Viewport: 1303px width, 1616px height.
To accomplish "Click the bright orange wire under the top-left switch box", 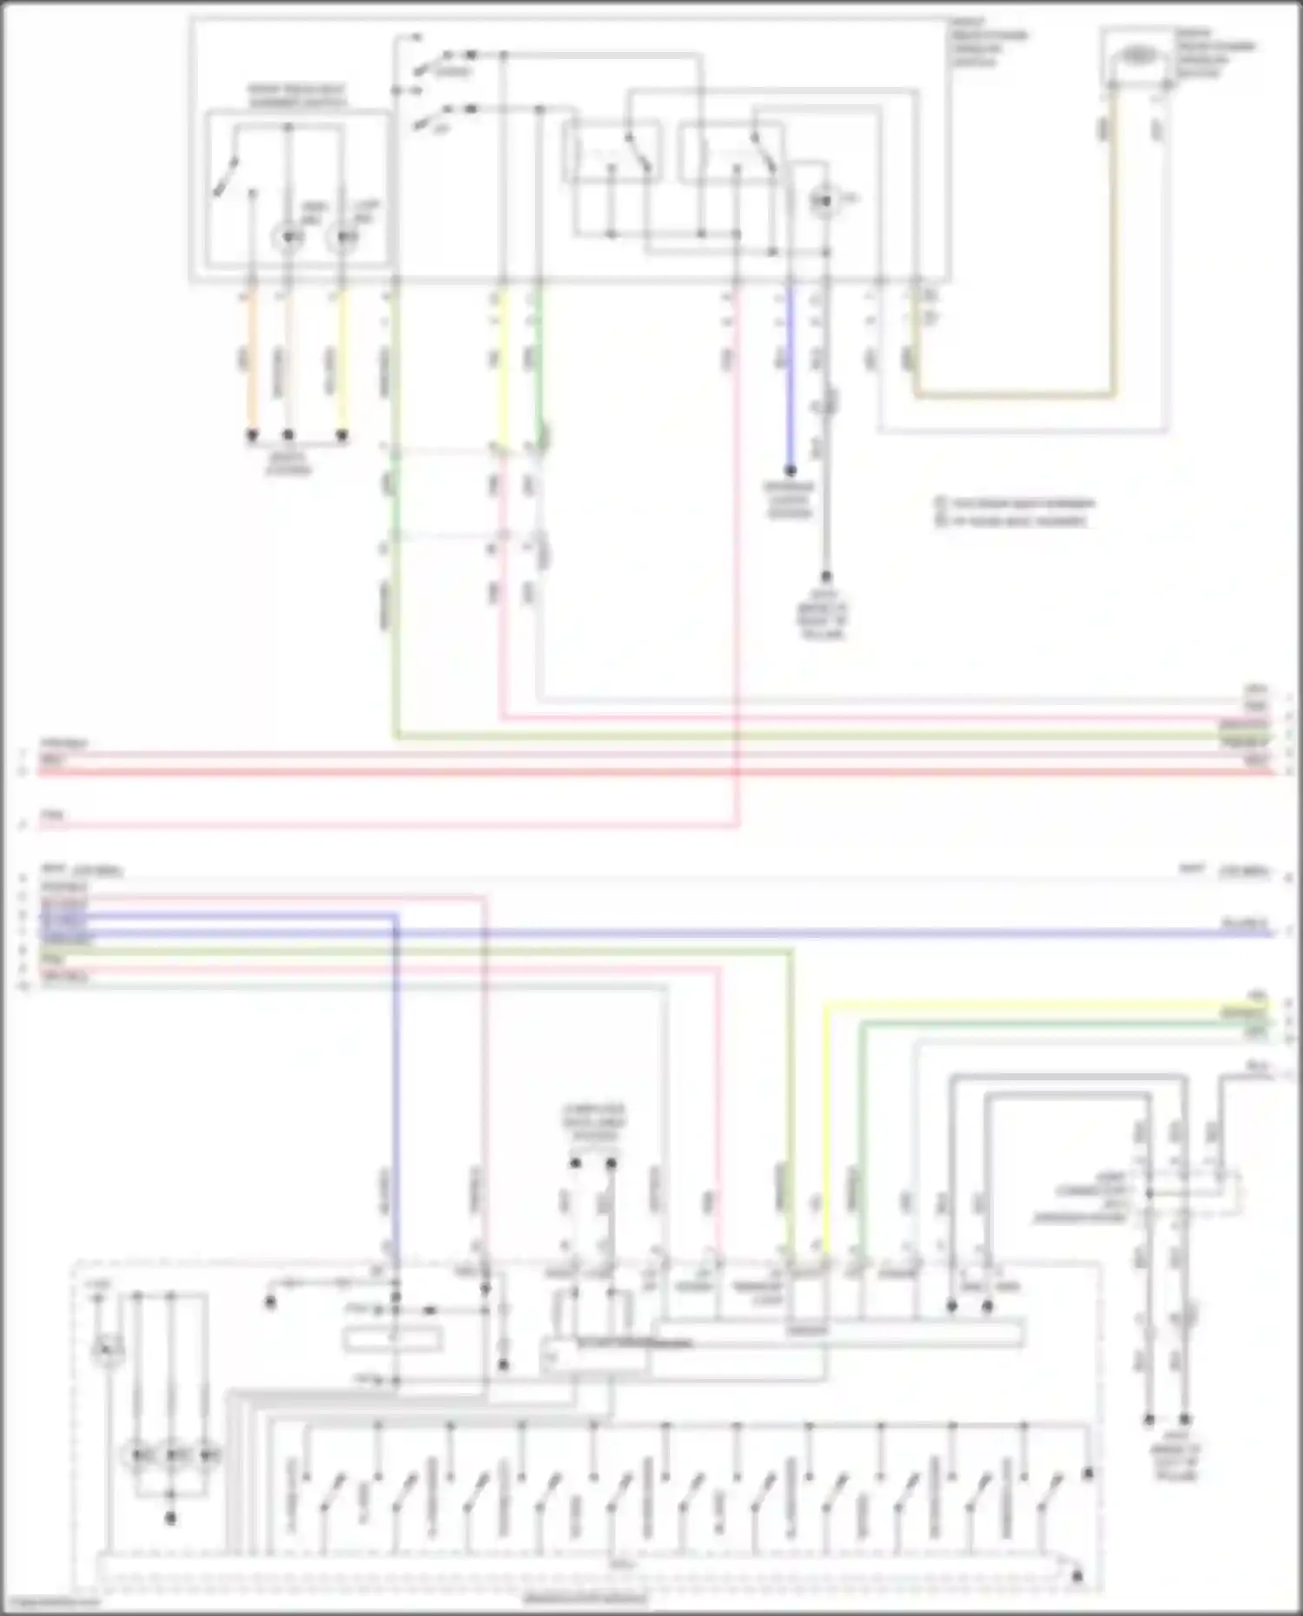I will click(253, 365).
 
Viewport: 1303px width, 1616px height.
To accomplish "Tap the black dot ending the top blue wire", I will click(790, 472).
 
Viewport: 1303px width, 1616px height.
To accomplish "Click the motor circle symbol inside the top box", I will click(822, 201).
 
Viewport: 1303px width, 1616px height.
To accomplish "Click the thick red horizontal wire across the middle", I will click(608, 771).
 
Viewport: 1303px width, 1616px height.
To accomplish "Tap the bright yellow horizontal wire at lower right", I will click(1042, 1006).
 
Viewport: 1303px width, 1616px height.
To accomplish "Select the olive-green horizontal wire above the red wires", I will click(782, 737).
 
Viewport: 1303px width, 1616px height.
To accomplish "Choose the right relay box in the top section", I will click(730, 153).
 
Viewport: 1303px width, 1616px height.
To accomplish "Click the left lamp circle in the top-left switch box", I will click(288, 236).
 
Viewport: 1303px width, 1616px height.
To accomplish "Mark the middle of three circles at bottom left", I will click(172, 1454).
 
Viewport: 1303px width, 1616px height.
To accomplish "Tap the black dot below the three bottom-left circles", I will click(171, 1518).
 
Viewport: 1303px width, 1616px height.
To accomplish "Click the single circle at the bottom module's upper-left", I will click(108, 1351).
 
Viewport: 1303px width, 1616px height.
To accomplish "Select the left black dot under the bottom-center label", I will click(574, 1163).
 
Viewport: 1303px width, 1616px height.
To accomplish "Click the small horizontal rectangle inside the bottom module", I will click(393, 1340).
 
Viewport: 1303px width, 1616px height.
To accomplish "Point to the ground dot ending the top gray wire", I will click(825, 577).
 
